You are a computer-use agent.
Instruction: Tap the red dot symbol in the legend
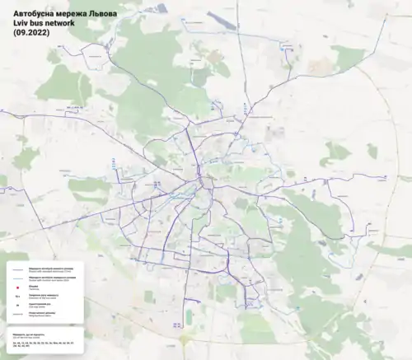[x=18, y=288]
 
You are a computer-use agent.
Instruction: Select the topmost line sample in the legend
[x=18, y=270]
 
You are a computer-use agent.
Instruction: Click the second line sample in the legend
[x=18, y=278]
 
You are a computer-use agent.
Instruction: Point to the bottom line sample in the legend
[x=18, y=314]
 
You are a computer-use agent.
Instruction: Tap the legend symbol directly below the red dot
[x=18, y=296]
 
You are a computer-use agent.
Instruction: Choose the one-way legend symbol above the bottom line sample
[x=18, y=305]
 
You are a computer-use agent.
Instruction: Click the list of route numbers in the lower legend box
[x=41, y=344]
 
